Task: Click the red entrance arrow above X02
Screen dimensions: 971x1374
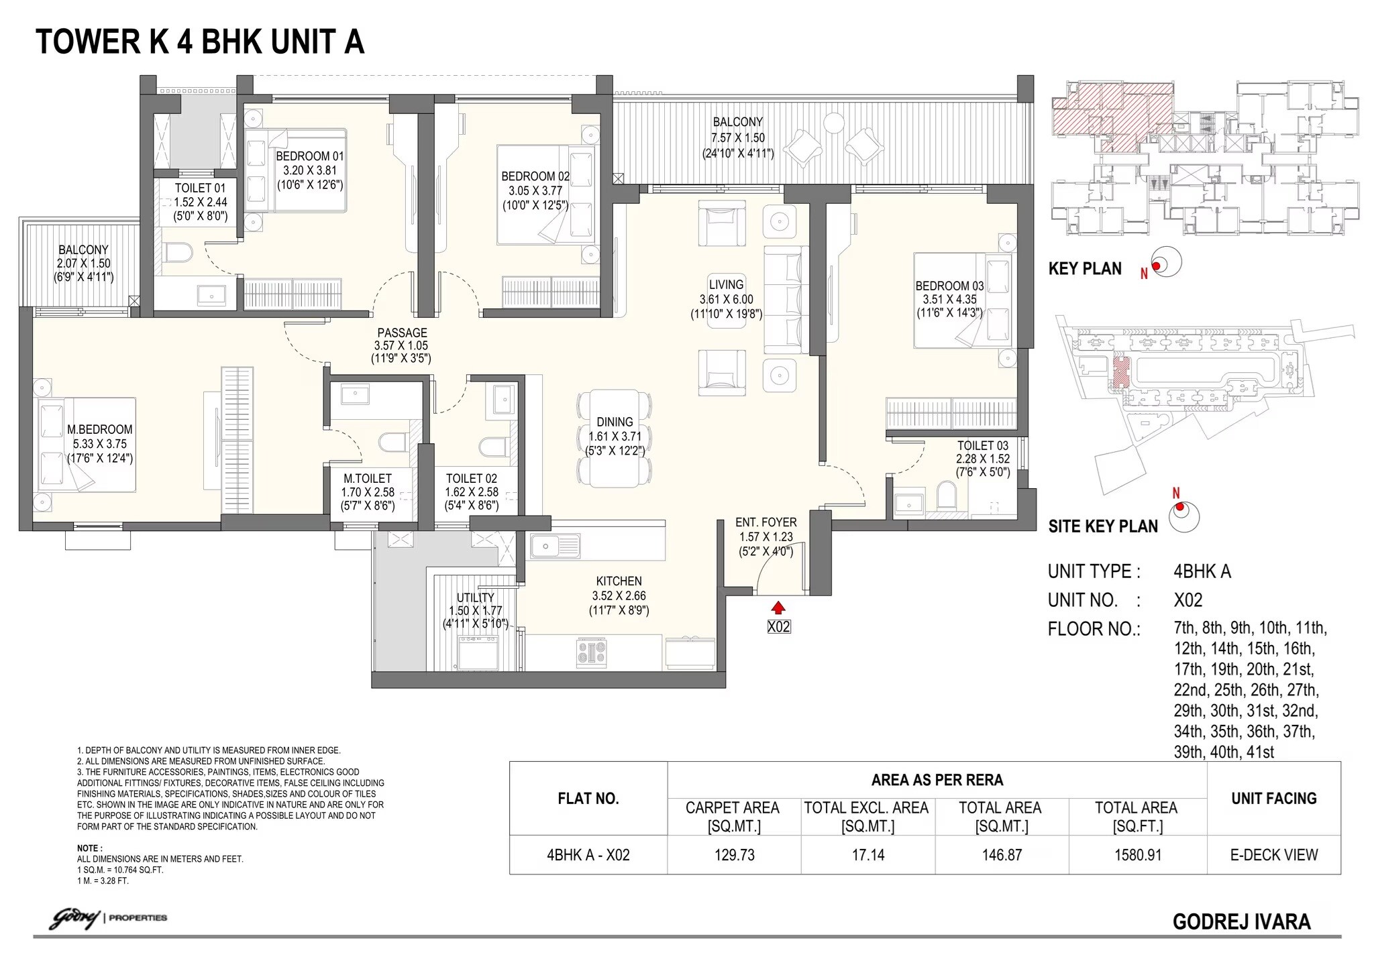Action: [778, 608]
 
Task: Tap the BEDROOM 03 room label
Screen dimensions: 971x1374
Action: [949, 286]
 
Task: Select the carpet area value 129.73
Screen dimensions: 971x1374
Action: [734, 855]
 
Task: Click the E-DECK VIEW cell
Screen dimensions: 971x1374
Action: [1273, 855]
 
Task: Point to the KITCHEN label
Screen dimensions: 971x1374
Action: [619, 581]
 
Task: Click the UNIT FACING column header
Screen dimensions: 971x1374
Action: [1273, 799]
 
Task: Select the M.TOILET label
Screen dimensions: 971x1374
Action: [367, 478]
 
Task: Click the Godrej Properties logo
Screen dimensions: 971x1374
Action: [107, 917]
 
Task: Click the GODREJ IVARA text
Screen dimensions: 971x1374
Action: [1241, 922]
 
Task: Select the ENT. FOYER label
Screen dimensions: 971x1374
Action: [766, 522]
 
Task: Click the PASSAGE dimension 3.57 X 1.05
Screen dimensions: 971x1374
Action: [401, 346]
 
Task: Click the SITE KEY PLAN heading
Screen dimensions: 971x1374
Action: [1102, 526]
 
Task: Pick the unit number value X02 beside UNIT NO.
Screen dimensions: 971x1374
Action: [1187, 600]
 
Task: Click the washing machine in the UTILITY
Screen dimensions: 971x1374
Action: [478, 652]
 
